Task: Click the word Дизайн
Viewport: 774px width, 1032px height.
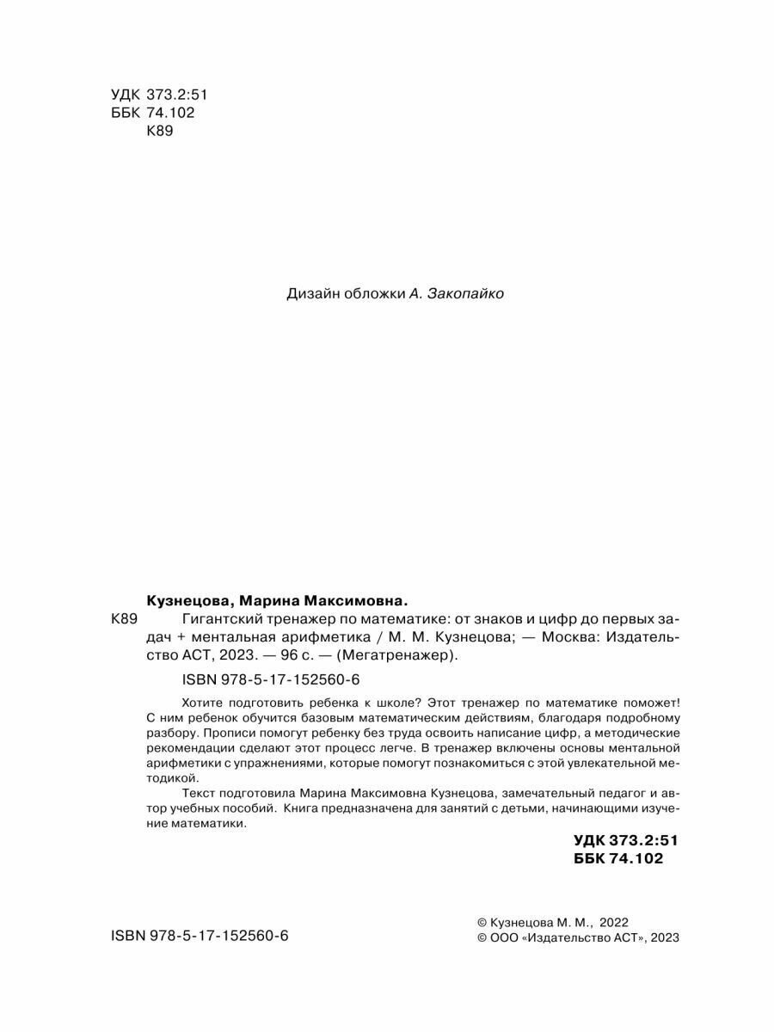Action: [309, 294]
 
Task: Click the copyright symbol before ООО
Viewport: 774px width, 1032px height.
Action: [482, 938]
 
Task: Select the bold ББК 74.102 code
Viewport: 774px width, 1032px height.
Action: [618, 858]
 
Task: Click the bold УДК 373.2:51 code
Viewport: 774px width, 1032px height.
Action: [618, 840]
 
